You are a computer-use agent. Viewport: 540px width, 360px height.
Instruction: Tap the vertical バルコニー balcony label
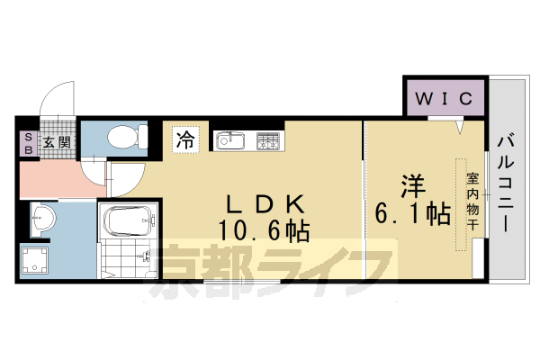coord(504,184)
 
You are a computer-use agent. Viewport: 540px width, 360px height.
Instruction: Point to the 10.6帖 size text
coord(263,231)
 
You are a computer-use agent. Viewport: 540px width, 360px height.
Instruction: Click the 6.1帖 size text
coord(412,214)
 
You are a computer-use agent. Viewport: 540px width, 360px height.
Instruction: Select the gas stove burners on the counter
coord(269,140)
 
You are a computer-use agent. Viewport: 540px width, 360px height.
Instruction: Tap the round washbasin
coord(42,217)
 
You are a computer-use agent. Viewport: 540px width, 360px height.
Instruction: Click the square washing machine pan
coord(39,262)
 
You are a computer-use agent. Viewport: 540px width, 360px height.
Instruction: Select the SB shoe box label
coord(26,143)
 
